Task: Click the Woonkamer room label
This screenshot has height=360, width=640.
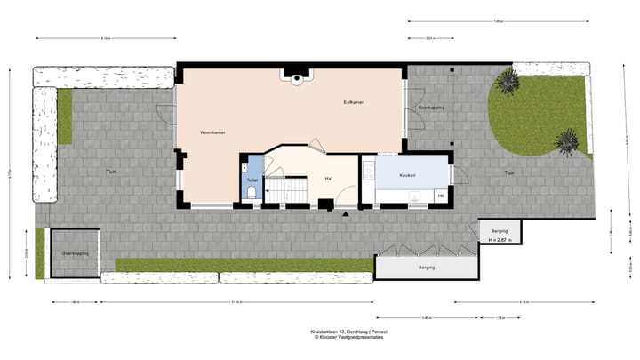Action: (212, 132)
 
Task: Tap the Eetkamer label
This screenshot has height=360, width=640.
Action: (354, 102)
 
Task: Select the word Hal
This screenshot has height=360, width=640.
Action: (328, 179)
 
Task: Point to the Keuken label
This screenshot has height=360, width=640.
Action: (408, 175)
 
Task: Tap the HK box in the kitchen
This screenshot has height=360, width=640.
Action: (440, 196)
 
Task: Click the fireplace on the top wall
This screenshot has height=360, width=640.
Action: (293, 76)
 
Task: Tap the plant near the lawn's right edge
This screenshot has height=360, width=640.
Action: (565, 140)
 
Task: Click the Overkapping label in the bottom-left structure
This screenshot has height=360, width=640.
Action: (74, 253)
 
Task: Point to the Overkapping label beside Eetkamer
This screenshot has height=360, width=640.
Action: (431, 107)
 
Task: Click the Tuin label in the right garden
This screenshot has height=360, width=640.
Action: (508, 172)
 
